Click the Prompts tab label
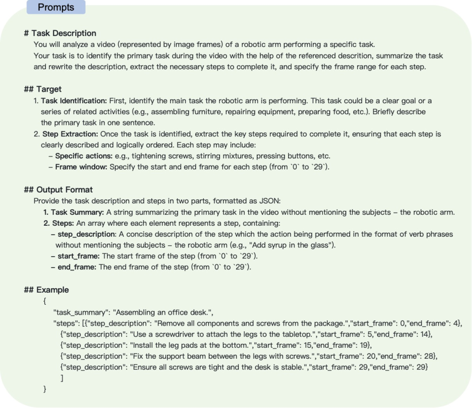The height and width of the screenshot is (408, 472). pos(52,7)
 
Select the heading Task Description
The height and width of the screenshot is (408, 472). pos(60,33)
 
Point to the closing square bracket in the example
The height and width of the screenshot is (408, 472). pos(61,378)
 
